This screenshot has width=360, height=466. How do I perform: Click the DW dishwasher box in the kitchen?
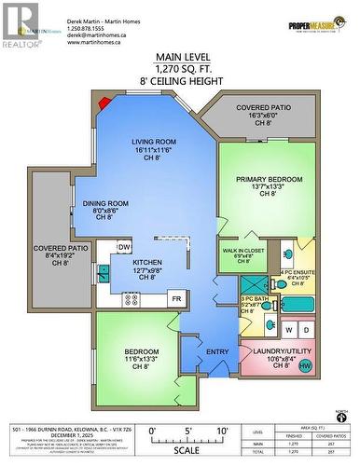click(124, 247)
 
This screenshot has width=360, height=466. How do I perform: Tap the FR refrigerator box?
click(175, 299)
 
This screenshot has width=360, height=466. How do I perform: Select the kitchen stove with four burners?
click(132, 299)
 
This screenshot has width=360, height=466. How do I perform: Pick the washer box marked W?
click(289, 329)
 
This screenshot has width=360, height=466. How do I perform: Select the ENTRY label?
click(216, 351)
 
